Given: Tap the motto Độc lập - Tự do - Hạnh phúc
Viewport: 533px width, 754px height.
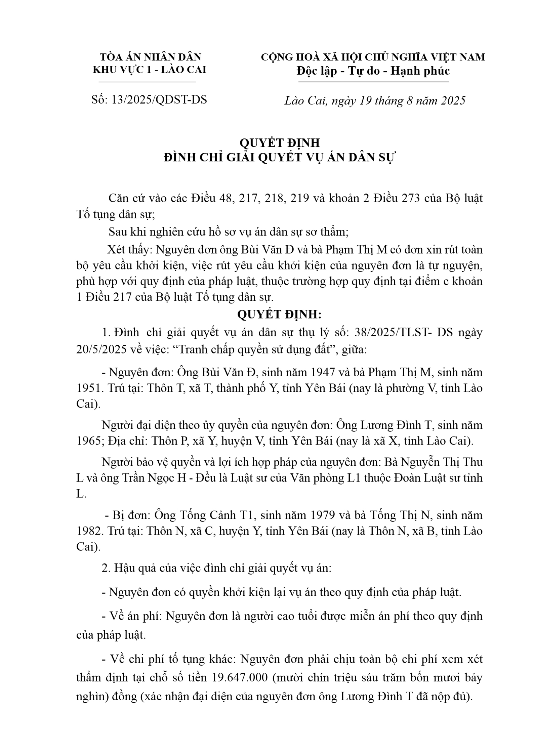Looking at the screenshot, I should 373,71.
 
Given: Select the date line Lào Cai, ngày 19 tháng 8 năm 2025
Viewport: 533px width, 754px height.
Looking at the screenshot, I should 375,100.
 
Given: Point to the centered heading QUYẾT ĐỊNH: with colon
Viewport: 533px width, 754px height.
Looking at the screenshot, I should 279,315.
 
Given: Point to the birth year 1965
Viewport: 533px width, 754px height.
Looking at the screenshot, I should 88,441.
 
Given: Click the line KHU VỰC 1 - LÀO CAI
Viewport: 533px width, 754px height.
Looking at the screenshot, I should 150,70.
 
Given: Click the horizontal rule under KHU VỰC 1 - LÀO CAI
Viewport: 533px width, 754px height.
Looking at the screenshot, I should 147,82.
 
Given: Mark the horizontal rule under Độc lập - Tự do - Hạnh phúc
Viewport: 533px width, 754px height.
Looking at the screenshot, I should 373,82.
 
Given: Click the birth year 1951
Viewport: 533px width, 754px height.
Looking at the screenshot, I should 88,388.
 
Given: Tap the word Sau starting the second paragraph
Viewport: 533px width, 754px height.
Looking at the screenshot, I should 117,232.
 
